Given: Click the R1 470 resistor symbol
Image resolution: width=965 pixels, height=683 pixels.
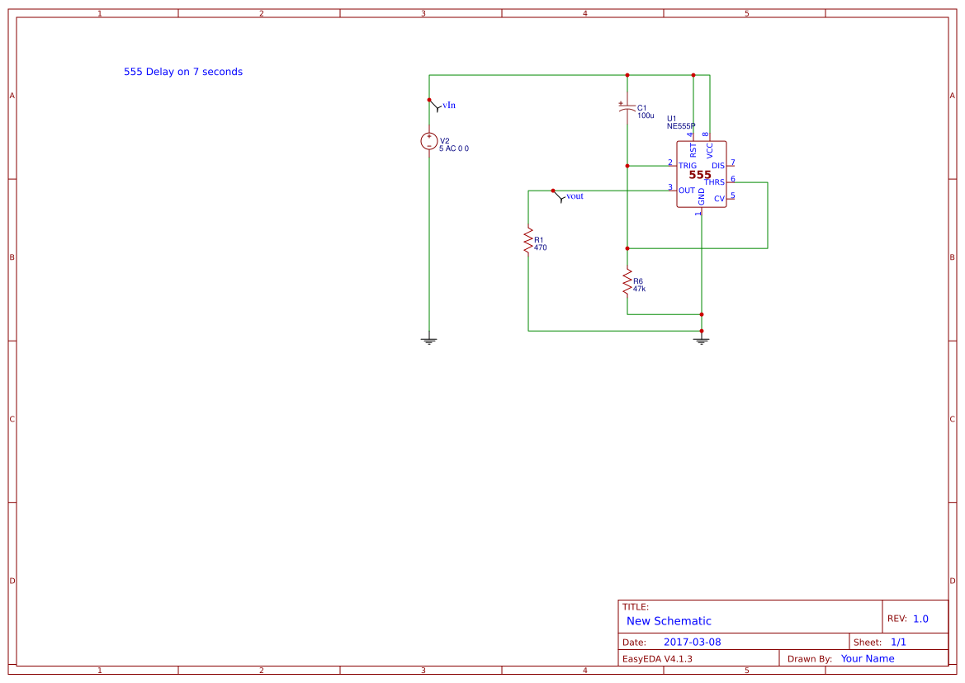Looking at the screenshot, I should pyautogui.click(x=528, y=241).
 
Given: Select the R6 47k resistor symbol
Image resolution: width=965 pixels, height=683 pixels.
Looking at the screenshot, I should pyautogui.click(x=627, y=282).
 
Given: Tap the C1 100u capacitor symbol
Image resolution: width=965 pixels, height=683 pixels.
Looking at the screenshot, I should pyautogui.click(x=627, y=108).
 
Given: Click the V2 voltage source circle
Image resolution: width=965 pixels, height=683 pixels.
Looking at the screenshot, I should pyautogui.click(x=429, y=141).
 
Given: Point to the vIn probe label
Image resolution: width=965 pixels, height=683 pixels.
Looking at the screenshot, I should pyautogui.click(x=449, y=106).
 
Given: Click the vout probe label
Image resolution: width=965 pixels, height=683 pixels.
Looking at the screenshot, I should pyautogui.click(x=575, y=196).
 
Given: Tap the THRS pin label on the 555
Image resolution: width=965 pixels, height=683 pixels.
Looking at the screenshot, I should pyautogui.click(x=714, y=182).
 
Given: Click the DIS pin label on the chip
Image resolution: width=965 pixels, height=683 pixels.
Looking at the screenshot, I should pyautogui.click(x=717, y=166).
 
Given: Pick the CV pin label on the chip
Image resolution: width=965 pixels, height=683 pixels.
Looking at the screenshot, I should pyautogui.click(x=719, y=199).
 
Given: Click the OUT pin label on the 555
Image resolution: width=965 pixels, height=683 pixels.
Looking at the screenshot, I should pyautogui.click(x=686, y=191).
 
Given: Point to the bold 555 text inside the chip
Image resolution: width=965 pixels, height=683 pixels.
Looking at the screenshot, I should pyautogui.click(x=700, y=175).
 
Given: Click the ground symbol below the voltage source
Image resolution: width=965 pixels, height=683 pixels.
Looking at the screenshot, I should pyautogui.click(x=429, y=339).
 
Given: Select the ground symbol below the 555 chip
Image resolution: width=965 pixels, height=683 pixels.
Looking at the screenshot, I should pyautogui.click(x=702, y=339).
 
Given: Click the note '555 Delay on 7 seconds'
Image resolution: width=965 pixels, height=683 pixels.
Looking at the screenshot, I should pyautogui.click(x=183, y=72).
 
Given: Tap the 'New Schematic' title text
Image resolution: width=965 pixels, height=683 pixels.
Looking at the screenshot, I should pyautogui.click(x=669, y=621).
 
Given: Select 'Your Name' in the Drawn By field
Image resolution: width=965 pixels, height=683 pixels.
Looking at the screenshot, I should pyautogui.click(x=868, y=658).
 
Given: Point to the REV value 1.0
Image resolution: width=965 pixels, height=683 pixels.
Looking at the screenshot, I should pyautogui.click(x=920, y=619).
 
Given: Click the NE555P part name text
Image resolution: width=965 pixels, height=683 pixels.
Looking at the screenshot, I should pyautogui.click(x=681, y=126).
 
